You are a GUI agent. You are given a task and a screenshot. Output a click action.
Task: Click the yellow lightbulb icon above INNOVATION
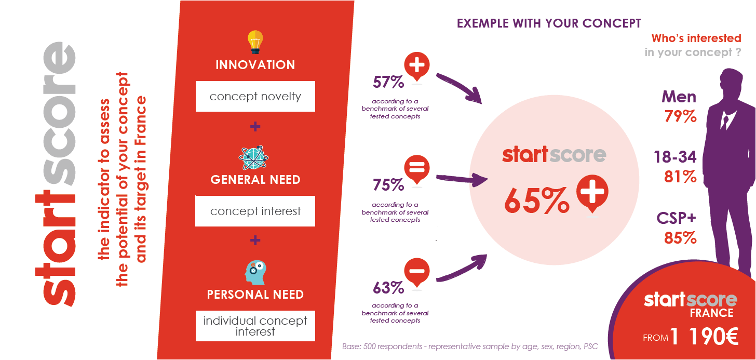pos(255,42)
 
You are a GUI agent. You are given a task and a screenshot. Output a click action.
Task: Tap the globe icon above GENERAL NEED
pos(253,157)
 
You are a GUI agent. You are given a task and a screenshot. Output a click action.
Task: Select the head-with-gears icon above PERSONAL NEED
pos(255,272)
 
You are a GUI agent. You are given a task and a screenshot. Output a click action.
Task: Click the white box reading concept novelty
pos(255,96)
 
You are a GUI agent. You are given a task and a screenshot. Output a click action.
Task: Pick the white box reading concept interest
pos(255,211)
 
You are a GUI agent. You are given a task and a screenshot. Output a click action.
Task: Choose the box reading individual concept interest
pos(255,326)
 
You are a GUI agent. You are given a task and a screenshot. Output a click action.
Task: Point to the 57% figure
pos(388,82)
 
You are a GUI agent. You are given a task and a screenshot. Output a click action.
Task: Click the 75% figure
pos(388,185)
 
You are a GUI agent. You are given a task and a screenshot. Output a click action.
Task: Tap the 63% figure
pos(388,288)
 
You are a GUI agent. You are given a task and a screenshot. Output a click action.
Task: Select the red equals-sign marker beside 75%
pos(417,169)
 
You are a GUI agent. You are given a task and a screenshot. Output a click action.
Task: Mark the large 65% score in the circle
pos(537,201)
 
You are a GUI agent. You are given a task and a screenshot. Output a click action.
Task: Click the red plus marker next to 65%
pos(592,193)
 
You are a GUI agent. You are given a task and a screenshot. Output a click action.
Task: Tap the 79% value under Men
pos(680,116)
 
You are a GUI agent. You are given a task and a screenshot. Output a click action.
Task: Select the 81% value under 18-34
pos(680,177)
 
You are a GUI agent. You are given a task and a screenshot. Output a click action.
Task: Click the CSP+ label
pos(677,218)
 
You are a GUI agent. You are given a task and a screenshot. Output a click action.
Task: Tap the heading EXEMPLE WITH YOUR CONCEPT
pos(549,23)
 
